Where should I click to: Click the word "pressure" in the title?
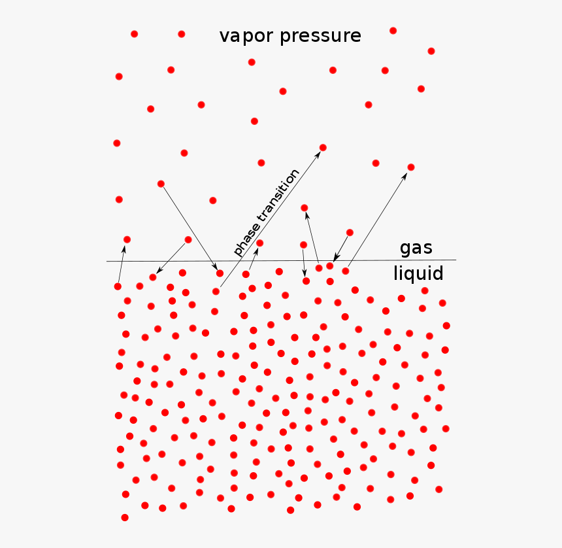point(320,36)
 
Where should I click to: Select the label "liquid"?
point(418,273)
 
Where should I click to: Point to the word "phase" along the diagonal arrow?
point(246,238)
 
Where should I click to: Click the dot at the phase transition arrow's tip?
point(323,147)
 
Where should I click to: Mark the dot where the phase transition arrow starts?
point(216,291)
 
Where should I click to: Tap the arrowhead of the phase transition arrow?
point(318,154)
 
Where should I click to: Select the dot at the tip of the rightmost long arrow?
point(411,167)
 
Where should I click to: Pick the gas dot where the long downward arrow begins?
point(161,184)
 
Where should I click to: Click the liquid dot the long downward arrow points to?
point(220,273)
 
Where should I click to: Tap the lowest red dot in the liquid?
point(125,517)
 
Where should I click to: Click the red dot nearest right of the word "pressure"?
point(393,31)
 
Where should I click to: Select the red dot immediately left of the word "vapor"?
point(182,34)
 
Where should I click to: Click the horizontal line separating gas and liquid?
point(282,260)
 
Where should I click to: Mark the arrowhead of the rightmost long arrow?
point(405,176)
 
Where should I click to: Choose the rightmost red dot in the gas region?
point(431,51)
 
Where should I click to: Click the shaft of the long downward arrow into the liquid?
point(190,228)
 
